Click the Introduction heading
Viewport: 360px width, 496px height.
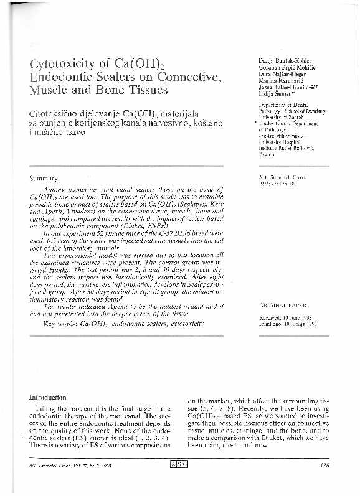tap(47, 396)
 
